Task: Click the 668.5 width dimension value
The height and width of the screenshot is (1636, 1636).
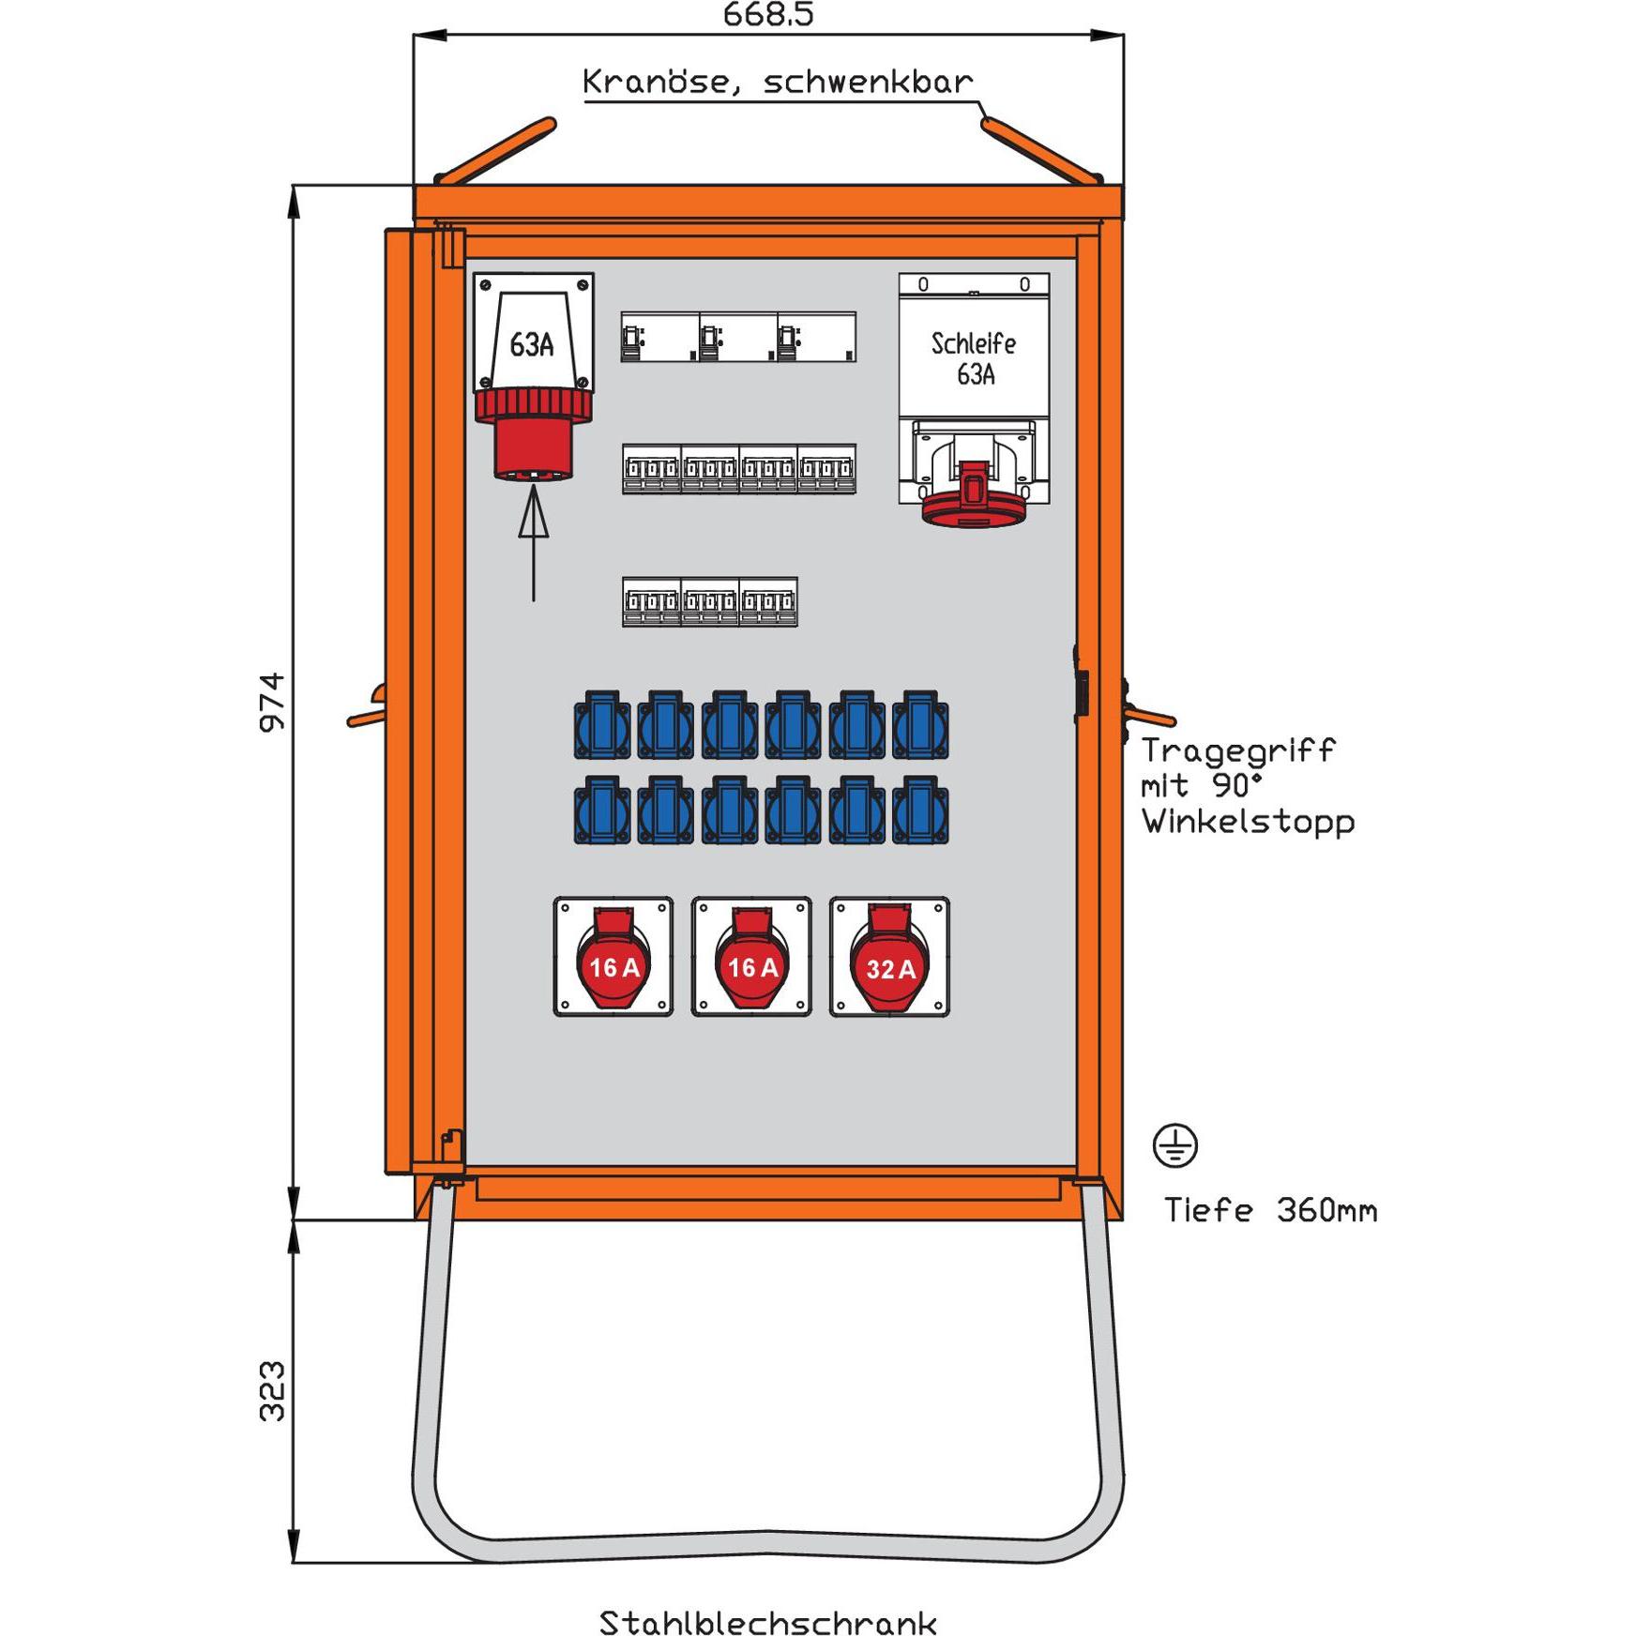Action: click(x=767, y=14)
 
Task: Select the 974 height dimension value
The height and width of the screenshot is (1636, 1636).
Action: click(x=272, y=702)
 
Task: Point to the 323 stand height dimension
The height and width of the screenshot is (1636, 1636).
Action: click(x=272, y=1391)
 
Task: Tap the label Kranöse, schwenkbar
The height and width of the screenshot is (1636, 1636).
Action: click(x=777, y=83)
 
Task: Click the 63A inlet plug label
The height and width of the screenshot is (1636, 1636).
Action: click(x=532, y=345)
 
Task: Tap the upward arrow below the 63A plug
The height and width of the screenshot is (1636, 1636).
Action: click(x=533, y=544)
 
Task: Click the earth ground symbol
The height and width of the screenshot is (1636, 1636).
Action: click(x=1174, y=1145)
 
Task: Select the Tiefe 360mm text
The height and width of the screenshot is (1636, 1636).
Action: click(x=1270, y=1211)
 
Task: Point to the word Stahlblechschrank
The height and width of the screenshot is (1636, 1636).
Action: click(x=767, y=1622)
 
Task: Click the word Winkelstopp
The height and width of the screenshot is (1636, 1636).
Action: click(x=1248, y=822)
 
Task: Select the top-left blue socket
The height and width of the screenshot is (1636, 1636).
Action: click(x=602, y=725)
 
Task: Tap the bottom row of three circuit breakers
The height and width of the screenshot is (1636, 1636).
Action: click(x=709, y=601)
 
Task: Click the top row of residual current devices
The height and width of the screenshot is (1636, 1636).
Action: click(x=738, y=337)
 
